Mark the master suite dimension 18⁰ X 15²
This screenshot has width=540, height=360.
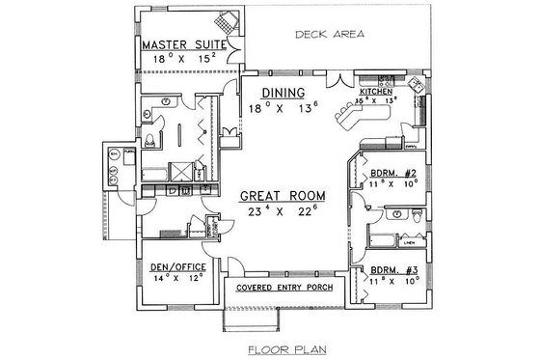[x=180, y=59]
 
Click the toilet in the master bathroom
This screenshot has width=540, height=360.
[x=152, y=144]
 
